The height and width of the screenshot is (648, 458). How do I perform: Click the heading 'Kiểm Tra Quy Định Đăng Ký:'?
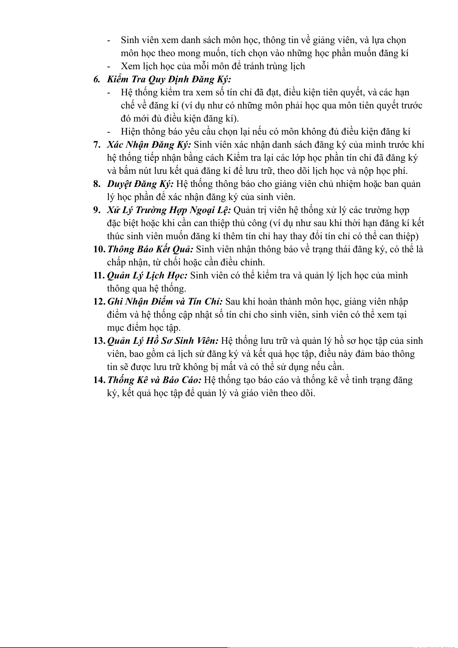point(169,80)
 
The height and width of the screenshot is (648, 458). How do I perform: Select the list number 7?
point(97,145)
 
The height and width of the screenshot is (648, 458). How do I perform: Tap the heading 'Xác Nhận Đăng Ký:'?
point(149,145)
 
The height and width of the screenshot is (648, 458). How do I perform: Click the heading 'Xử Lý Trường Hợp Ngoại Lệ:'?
point(169,210)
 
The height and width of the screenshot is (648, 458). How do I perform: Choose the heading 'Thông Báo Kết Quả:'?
point(150,250)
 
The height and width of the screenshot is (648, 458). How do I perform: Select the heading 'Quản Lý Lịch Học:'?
point(147,276)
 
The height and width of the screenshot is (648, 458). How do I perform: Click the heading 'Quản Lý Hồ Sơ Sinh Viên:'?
point(163,341)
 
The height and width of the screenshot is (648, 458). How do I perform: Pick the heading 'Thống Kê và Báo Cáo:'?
point(154,380)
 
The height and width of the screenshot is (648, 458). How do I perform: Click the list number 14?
point(99,380)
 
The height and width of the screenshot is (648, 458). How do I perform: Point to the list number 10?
point(99,250)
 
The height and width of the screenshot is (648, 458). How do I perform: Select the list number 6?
point(97,80)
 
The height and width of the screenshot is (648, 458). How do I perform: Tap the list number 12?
point(99,302)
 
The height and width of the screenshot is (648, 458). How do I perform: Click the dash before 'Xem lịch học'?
point(110,67)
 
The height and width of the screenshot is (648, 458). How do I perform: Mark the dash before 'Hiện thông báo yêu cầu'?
point(110,132)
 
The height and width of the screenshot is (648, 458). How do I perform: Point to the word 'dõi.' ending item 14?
point(306,393)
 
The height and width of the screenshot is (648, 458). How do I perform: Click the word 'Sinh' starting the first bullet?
point(130,40)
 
